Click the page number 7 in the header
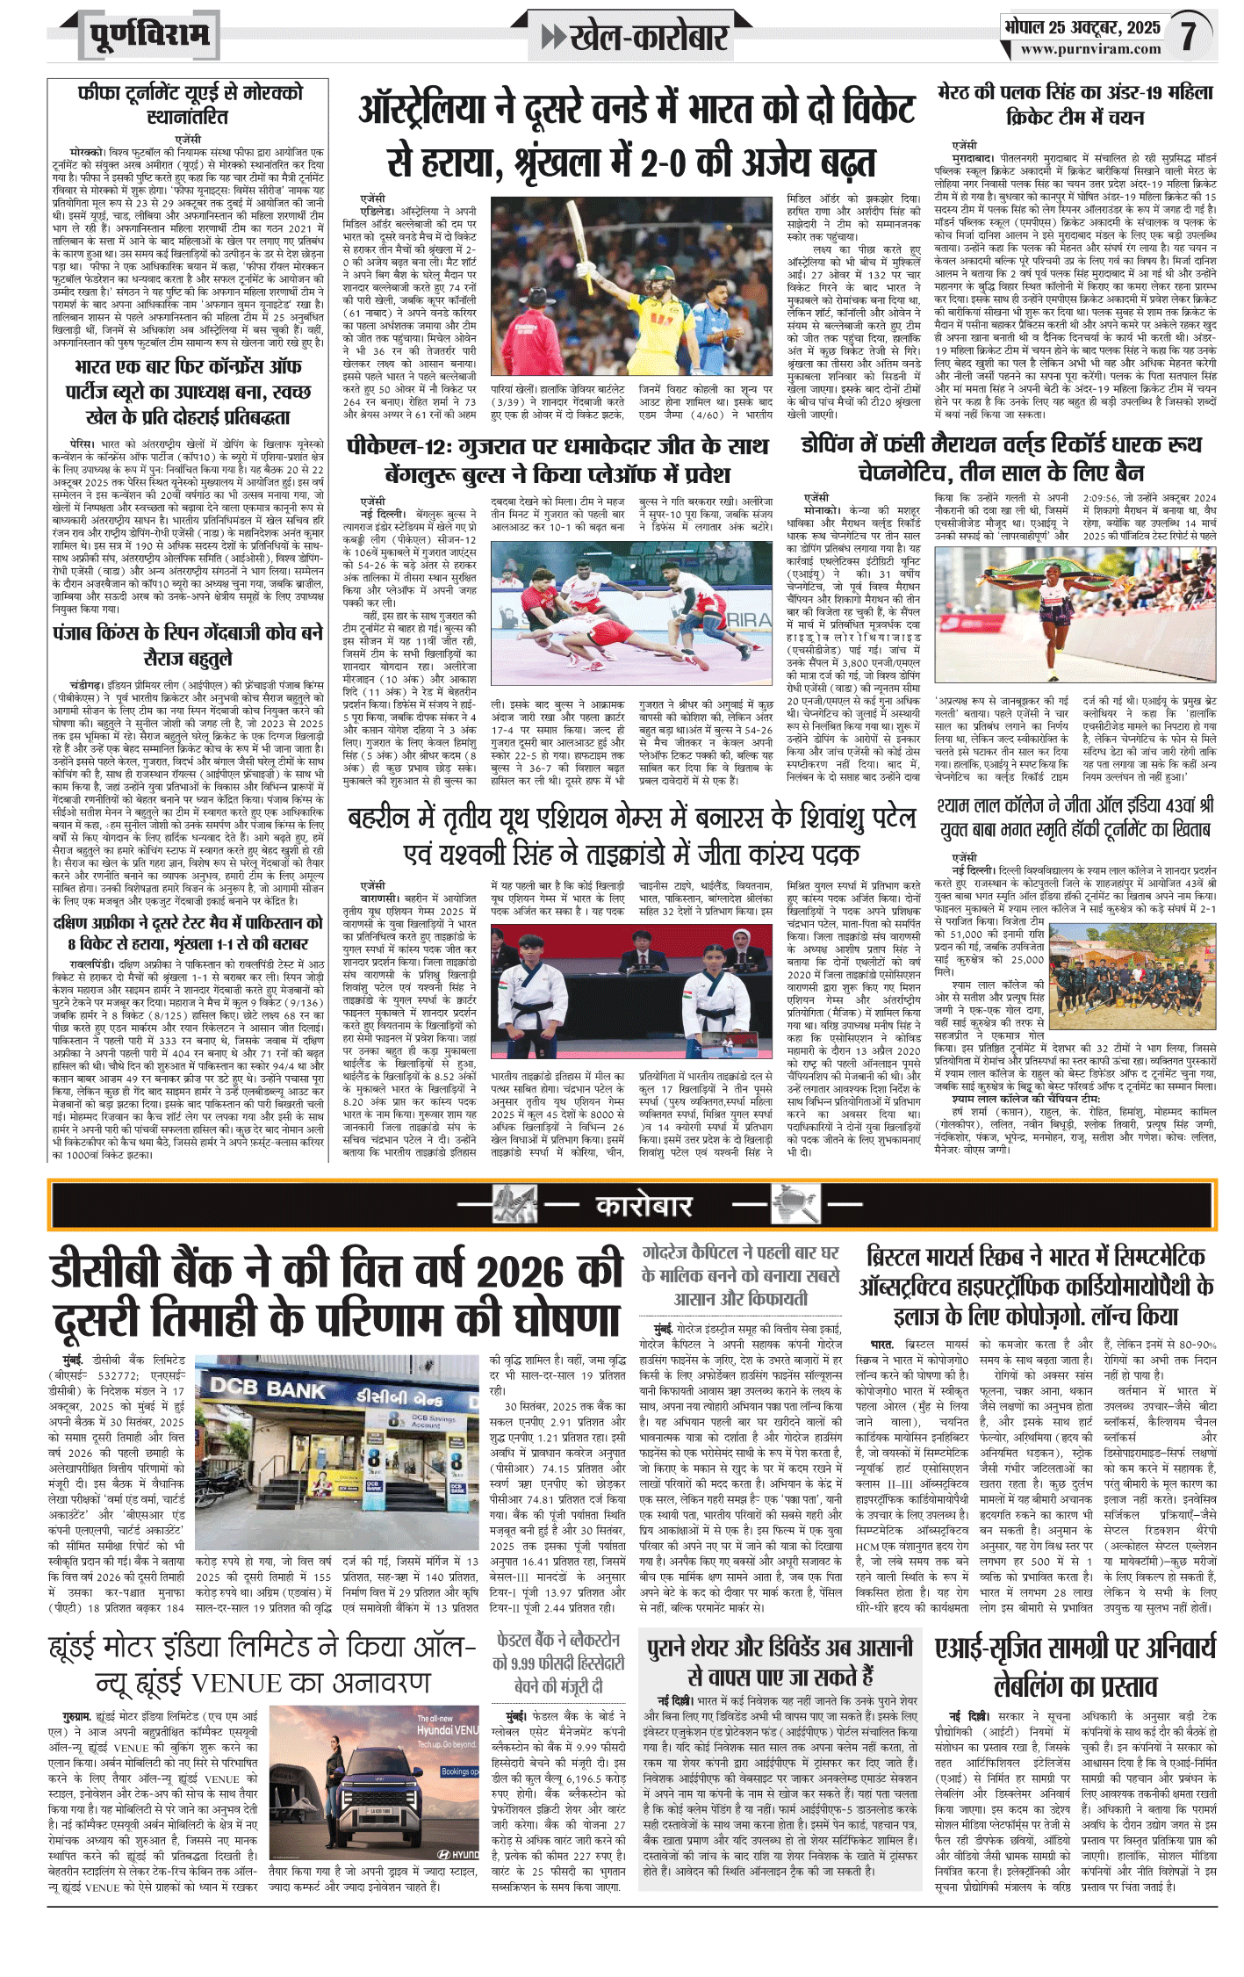coord(1188,35)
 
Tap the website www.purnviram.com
coord(1089,50)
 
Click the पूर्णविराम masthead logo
coord(149,35)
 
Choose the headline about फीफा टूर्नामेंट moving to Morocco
coord(189,105)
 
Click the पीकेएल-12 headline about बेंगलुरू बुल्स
coord(557,459)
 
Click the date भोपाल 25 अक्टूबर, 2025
coord(1082,27)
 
